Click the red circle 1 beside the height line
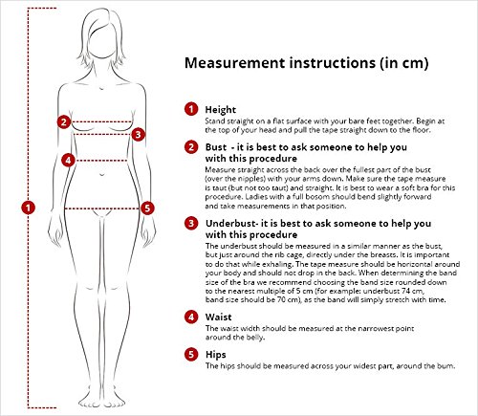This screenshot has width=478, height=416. pos(28,208)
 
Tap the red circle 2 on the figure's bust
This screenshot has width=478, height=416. pos(64,121)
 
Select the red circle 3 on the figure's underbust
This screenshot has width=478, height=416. pos(138,135)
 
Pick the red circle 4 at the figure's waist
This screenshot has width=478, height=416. pos(68,160)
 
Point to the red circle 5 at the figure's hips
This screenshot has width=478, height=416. pos(147,208)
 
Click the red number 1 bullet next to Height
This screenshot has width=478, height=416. pos(191,109)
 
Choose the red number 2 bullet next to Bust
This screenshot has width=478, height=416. pos(191,147)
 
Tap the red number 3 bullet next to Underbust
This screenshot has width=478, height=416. pos(191,223)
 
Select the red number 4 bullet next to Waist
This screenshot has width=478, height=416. pos(191,317)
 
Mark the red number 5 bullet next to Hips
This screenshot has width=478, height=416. pos(191,355)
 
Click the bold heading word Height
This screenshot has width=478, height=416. pos(221,110)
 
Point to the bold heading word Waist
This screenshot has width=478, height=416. pos(219,317)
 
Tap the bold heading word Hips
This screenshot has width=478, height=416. pos(216,355)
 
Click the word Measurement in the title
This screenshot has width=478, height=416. pos(235,62)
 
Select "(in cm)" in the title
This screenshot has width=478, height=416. pos(403,63)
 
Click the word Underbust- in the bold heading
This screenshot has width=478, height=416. pos(231,224)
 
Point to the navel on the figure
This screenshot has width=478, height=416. pos(101,175)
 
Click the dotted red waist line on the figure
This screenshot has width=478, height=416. pos(101,161)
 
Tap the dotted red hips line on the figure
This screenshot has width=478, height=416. pos(101,208)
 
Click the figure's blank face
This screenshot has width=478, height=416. pos(101,43)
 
